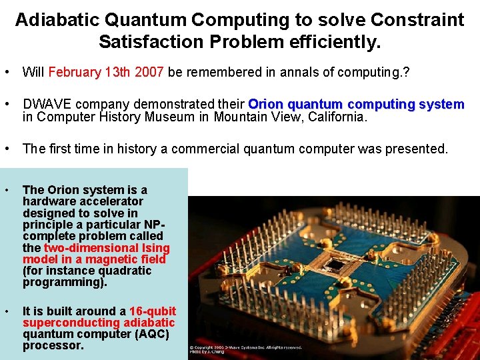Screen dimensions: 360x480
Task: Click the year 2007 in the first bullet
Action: tap(150, 72)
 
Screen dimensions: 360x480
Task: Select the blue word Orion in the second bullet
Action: tap(266, 105)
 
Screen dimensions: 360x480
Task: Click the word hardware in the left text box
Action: tap(48, 201)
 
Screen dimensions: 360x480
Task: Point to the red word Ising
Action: tap(155, 248)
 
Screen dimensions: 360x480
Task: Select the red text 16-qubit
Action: tap(153, 311)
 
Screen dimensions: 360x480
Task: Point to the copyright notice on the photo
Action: tap(245, 347)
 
